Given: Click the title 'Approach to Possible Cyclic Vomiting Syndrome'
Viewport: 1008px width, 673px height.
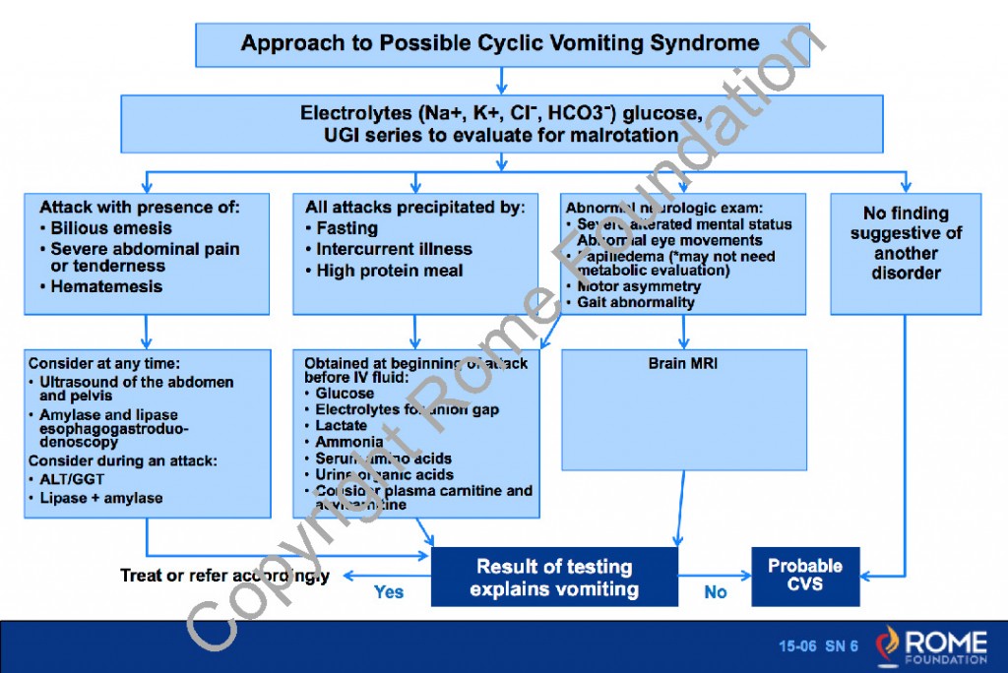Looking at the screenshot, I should (x=501, y=43).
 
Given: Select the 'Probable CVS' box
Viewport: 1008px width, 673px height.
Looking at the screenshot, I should (x=805, y=575).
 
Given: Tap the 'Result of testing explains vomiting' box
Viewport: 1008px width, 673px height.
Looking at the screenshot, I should (x=554, y=578).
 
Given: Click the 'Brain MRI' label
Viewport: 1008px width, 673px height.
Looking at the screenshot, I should (x=683, y=363).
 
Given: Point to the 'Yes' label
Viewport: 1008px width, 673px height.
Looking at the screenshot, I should (x=389, y=592).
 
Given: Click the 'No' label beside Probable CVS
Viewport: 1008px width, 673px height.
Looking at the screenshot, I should (x=715, y=592).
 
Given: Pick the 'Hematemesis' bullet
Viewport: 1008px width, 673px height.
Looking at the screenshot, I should (x=106, y=286).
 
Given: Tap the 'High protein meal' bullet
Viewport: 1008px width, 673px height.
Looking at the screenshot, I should (x=389, y=271).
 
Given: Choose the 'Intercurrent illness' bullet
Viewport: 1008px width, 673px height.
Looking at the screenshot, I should (x=394, y=249).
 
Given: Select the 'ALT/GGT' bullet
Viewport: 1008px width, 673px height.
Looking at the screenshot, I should (x=70, y=479).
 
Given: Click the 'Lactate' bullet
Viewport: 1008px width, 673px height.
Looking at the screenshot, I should (x=341, y=425).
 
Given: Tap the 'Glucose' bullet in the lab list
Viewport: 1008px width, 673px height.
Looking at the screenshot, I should (x=344, y=394).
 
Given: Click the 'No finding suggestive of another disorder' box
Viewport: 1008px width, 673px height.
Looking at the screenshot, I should (x=906, y=243).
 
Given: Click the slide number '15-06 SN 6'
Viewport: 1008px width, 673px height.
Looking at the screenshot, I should (x=818, y=646).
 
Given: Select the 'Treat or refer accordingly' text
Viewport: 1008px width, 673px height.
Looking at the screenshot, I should (x=224, y=575).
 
